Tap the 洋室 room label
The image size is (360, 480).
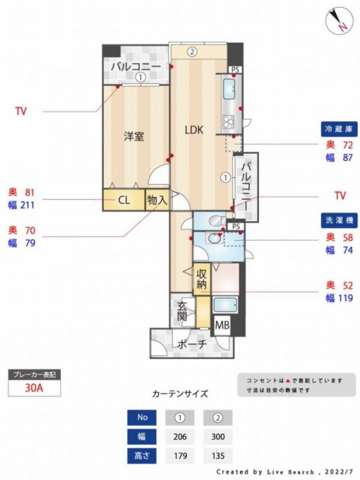tap(134, 136)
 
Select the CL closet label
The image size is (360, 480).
tap(124, 200)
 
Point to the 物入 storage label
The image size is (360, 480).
tap(157, 200)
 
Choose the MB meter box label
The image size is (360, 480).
tap(221, 326)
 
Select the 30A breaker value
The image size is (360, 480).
tap(34, 388)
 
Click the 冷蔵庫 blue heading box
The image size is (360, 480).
tap(340, 129)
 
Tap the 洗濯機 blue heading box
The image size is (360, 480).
tap(340, 220)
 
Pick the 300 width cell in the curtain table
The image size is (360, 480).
tap(217, 436)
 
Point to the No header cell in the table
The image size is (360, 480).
tap(142, 417)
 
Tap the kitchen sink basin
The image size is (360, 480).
tap(230, 90)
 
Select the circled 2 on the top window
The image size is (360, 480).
tap(191, 52)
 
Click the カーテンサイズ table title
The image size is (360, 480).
tap(180, 394)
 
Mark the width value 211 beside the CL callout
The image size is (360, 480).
tap(28, 205)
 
